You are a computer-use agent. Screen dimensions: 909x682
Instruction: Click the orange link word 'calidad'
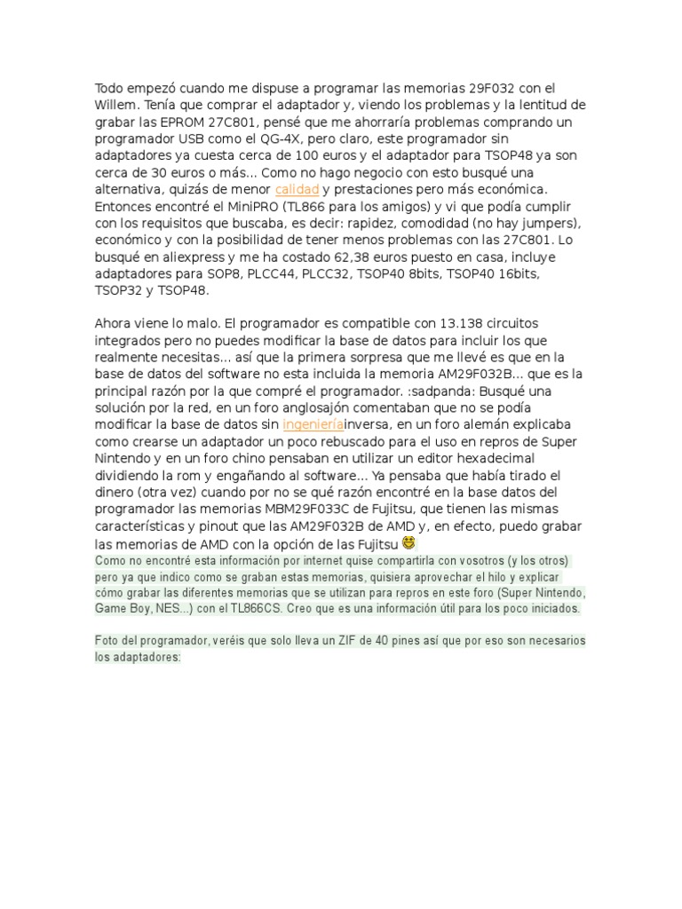(297, 189)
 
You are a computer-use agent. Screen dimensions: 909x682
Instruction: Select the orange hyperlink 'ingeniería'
(312, 425)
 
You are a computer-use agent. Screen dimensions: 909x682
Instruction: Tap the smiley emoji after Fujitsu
(408, 541)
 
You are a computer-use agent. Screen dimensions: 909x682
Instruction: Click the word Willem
(115, 105)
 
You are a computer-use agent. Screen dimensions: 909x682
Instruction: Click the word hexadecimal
(496, 459)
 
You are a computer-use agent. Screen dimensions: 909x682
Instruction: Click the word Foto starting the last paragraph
(107, 642)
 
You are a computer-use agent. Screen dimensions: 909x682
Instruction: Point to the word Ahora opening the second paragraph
(115, 323)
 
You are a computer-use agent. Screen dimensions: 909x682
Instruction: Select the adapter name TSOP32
(119, 290)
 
